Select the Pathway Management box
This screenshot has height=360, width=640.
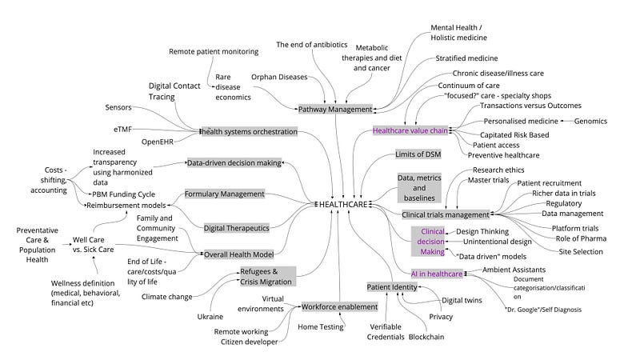pyautogui.click(x=336, y=109)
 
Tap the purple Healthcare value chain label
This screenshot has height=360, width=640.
pyautogui.click(x=410, y=130)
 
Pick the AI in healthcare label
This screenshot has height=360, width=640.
pyautogui.click(x=437, y=274)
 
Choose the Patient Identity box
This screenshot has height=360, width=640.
pyautogui.click(x=389, y=286)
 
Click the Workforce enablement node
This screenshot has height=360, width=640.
pyautogui.click(x=338, y=306)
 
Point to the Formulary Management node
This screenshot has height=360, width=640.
pyautogui.click(x=224, y=194)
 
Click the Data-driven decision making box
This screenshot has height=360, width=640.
pyautogui.click(x=234, y=162)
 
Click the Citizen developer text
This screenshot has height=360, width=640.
pyautogui.click(x=250, y=342)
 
